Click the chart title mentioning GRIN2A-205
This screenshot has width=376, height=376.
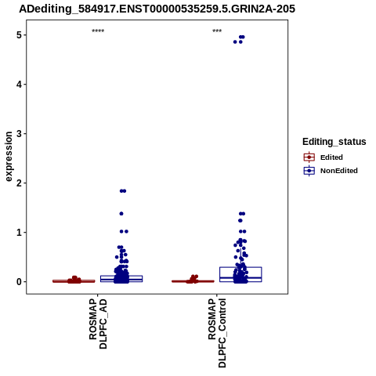(157, 9)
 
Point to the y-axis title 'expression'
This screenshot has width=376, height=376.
(9, 157)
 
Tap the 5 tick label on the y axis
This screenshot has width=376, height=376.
(19, 35)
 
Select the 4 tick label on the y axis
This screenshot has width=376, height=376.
(19, 85)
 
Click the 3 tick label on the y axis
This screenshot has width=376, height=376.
(19, 134)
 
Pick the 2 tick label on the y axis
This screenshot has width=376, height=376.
(19, 183)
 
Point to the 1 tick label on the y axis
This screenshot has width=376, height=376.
(19, 233)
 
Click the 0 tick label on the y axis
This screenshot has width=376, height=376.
(19, 282)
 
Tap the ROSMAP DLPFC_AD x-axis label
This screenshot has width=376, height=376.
(98, 324)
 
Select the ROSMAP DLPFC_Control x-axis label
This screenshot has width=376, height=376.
(217, 333)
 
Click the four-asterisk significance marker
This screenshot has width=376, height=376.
(98, 31)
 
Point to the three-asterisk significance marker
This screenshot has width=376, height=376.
(217, 31)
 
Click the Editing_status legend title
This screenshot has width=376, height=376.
(334, 142)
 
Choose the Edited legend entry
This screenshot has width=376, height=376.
(331, 157)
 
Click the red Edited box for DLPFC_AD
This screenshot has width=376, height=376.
(74, 281)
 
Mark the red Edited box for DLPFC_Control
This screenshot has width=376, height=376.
(193, 281)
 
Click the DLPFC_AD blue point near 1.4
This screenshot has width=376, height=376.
(121, 214)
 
